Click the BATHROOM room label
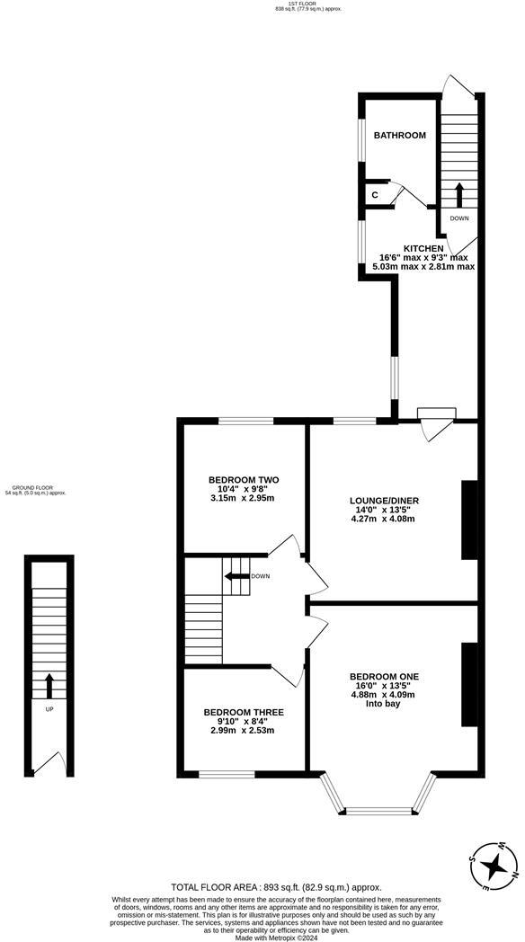pos(399,135)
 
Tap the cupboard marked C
pos(373,194)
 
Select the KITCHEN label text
pos(423,248)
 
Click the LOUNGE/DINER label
pos(385,501)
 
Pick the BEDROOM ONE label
pos(384,676)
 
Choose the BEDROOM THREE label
pos(243,712)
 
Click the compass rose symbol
pos(493,866)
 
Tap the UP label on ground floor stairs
pos(49,708)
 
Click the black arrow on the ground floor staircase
pos(49,685)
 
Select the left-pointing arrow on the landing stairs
pos(235,576)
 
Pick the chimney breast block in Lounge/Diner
pos(468,520)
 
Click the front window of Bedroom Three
pos(227,773)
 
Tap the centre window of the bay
pos(378,811)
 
